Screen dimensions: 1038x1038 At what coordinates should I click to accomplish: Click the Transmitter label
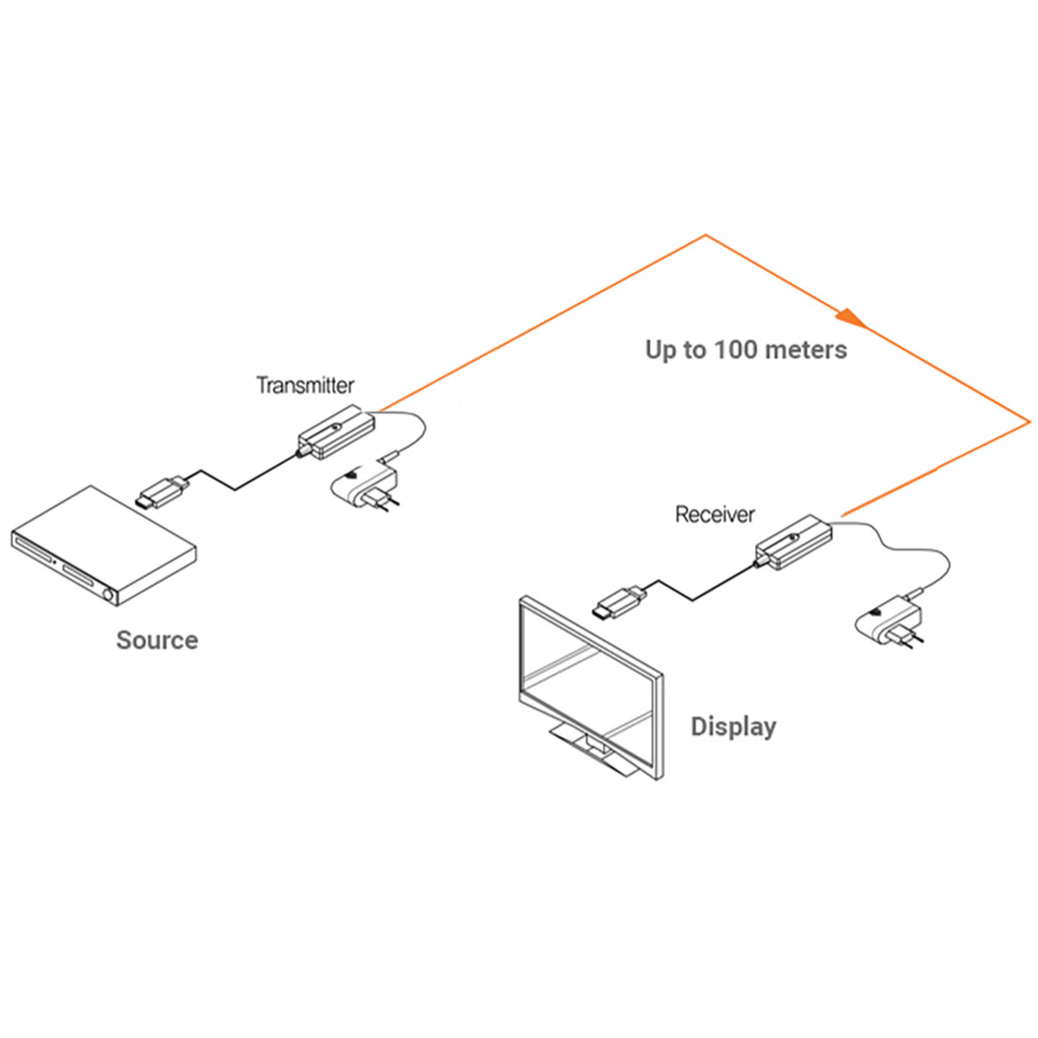point(305,385)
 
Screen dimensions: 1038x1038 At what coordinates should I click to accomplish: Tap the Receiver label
point(714,515)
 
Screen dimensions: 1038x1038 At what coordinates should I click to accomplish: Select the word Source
point(157,640)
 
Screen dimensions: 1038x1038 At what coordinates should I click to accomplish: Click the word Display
point(733,726)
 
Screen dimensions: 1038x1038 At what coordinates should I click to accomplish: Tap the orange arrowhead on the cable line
point(850,316)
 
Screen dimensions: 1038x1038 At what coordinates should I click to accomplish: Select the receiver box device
point(794,541)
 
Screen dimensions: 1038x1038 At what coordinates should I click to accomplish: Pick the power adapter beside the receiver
point(887,622)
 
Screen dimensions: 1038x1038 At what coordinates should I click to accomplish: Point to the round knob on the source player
point(109,595)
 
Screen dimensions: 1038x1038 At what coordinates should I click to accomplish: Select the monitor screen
point(588,684)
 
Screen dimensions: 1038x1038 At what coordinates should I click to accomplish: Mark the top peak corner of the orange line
point(705,236)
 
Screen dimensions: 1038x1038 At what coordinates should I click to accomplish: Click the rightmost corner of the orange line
point(1029,422)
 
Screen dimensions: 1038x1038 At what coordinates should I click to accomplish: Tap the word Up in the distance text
point(661,350)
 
